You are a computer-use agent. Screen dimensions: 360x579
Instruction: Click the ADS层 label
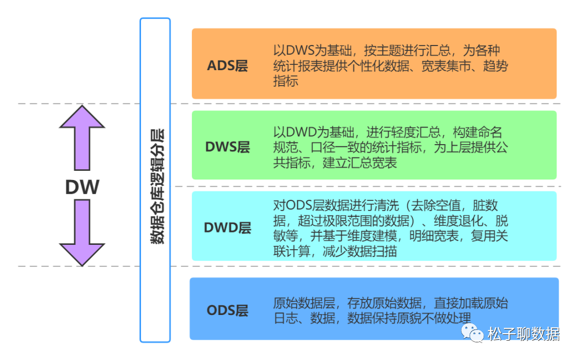coord(227,66)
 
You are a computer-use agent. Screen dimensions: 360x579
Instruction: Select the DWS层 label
coord(227,147)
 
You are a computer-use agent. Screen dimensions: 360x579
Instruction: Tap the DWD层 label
coord(227,228)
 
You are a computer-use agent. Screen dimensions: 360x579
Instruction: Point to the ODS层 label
coord(227,311)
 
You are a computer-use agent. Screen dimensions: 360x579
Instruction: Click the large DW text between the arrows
coord(82,187)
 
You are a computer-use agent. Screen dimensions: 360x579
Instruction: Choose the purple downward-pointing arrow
coord(82,233)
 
